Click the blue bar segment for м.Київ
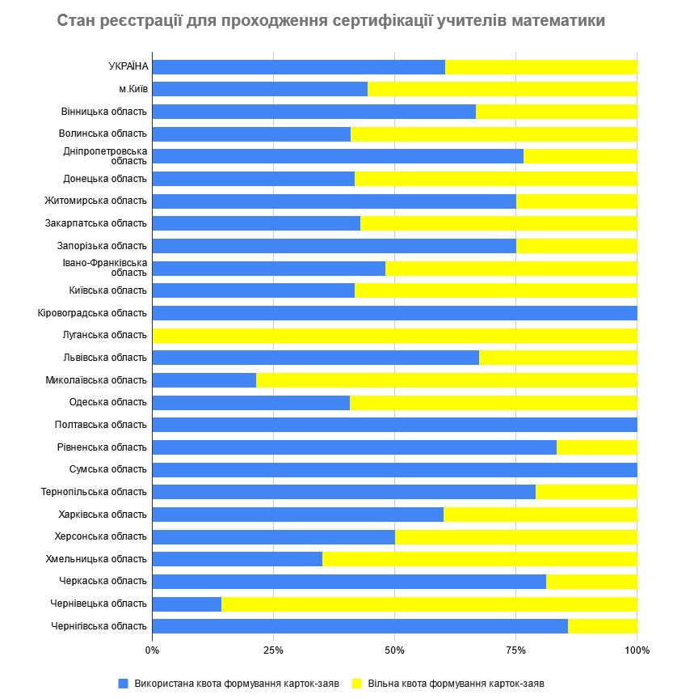(x=259, y=89)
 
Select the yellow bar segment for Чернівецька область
(x=429, y=604)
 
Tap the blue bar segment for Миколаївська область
(x=204, y=379)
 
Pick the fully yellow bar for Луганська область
(x=394, y=335)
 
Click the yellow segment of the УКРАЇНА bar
(x=540, y=66)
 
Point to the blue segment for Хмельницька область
(x=237, y=559)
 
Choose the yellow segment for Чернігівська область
(x=602, y=626)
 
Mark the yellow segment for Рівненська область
(x=596, y=447)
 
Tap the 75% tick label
(x=515, y=650)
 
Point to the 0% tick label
(x=152, y=650)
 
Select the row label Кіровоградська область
(x=92, y=313)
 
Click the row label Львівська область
(x=104, y=358)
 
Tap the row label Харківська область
(x=103, y=514)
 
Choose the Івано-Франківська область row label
(x=106, y=268)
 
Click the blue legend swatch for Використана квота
(x=124, y=683)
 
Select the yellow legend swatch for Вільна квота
(x=356, y=683)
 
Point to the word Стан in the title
(x=74, y=19)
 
